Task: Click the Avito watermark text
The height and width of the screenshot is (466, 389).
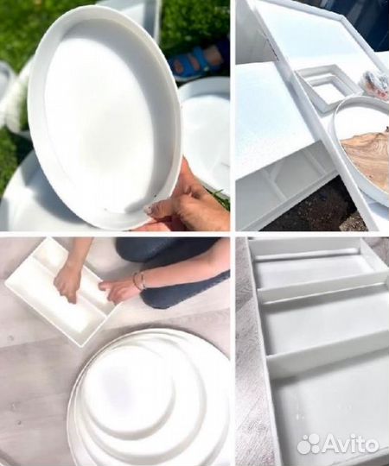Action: (351, 445)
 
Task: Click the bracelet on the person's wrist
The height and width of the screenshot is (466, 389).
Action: (139, 280)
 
